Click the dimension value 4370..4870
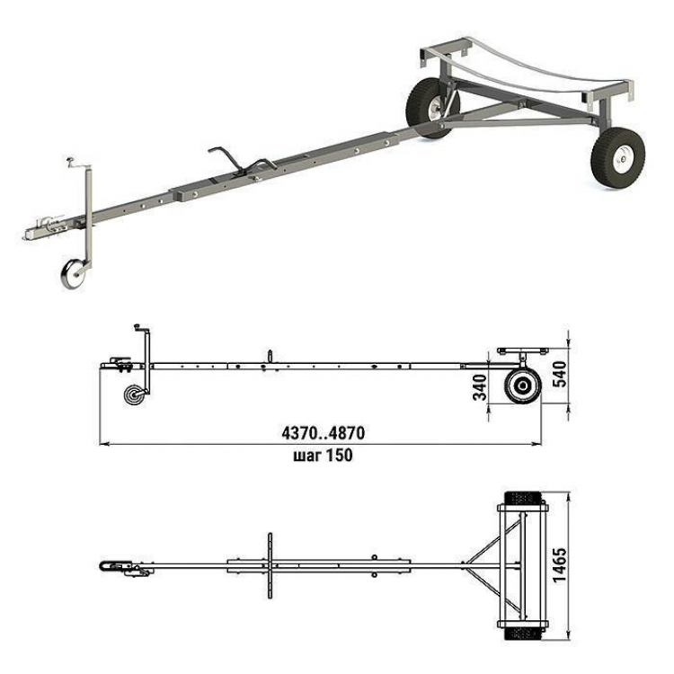(324, 433)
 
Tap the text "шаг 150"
(323, 456)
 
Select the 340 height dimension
(480, 387)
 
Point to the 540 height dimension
(560, 374)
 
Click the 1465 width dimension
(560, 565)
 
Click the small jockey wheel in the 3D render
(72, 274)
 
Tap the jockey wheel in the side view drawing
(133, 395)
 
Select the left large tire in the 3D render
(431, 108)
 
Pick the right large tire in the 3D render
(617, 158)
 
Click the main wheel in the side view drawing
(523, 386)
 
